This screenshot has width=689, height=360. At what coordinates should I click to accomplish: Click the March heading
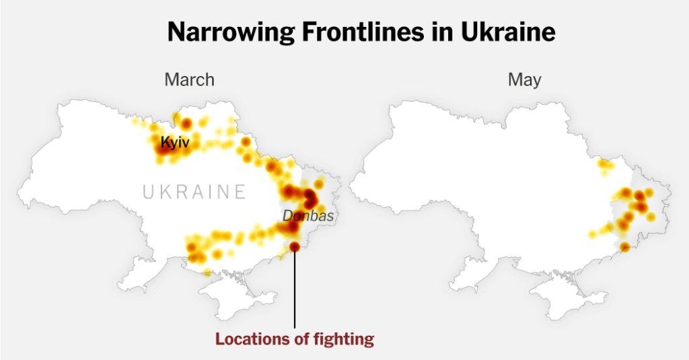click(189, 80)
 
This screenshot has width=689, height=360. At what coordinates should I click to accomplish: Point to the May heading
click(525, 80)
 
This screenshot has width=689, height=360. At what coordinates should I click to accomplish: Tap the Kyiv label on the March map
click(175, 143)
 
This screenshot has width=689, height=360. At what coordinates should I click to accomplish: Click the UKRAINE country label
click(194, 192)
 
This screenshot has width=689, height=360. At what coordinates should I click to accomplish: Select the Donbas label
click(307, 217)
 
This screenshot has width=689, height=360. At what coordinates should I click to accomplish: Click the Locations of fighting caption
click(294, 339)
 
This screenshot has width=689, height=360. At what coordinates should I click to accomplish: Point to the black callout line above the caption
click(295, 289)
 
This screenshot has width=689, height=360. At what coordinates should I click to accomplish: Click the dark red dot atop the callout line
click(295, 247)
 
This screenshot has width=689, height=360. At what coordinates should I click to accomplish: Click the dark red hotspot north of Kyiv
click(186, 122)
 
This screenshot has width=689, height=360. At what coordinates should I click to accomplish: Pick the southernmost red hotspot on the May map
click(624, 247)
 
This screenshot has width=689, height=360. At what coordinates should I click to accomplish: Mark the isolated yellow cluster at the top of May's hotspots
click(606, 165)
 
